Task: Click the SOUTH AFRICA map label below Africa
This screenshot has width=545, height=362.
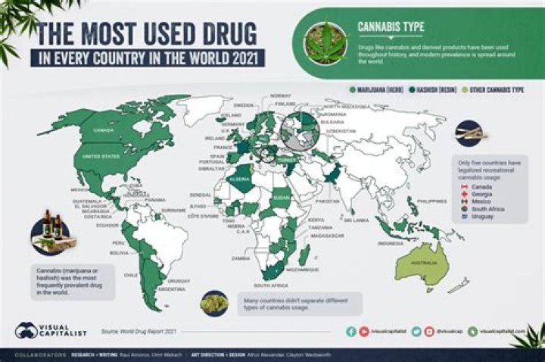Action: pyautogui.click(x=270, y=286)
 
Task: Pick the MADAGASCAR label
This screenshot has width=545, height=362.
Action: pyautogui.click(x=327, y=236)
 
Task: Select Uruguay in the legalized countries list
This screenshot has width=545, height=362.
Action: pyautogui.click(x=481, y=217)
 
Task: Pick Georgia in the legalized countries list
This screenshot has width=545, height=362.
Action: pyautogui.click(x=481, y=194)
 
